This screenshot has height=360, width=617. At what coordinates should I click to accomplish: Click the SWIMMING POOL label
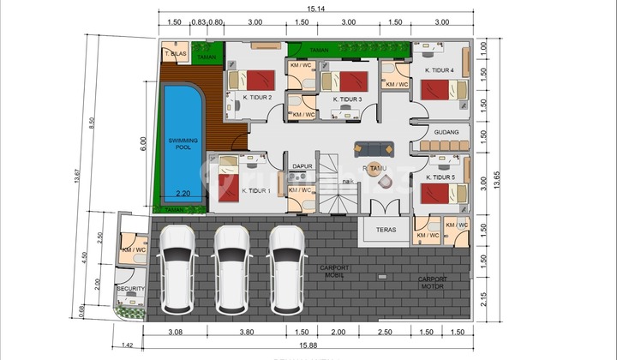click(x=181, y=143)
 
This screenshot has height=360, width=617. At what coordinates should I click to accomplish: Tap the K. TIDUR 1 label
click(x=256, y=191)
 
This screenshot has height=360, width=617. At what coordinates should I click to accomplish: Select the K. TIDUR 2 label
click(x=257, y=98)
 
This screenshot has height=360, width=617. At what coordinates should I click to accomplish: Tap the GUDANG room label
click(x=446, y=133)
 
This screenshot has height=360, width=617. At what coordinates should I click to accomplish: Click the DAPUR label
click(x=300, y=166)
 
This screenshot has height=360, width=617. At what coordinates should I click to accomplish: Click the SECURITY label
click(x=131, y=289)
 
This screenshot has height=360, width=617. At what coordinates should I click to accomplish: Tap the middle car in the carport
click(x=232, y=268)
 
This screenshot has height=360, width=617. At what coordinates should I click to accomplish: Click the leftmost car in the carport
click(x=178, y=268)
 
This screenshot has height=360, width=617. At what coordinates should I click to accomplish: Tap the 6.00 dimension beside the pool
click(x=145, y=145)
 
